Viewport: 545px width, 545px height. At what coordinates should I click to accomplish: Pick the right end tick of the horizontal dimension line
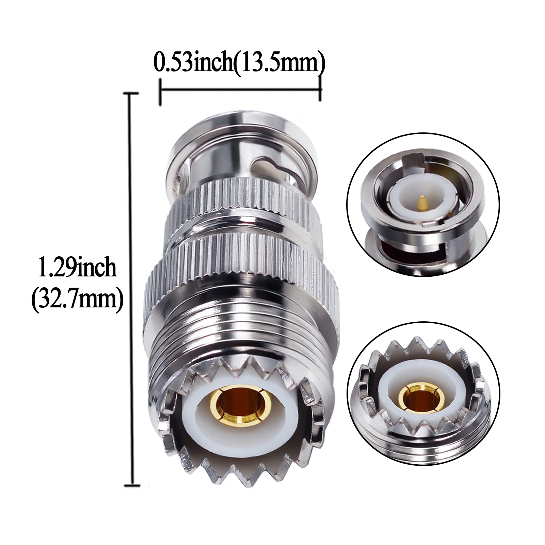pos(320,89)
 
